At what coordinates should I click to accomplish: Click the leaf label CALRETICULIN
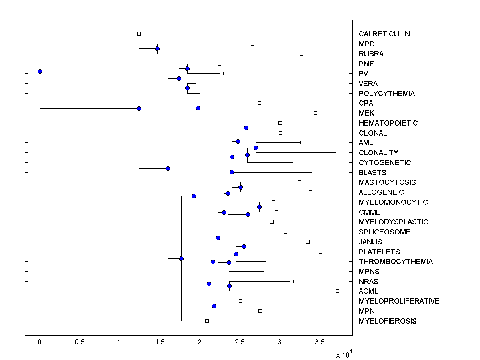point(384,34)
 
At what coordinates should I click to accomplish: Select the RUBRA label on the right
point(371,54)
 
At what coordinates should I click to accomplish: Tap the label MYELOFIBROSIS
point(387,321)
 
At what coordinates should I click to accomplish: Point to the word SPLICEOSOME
point(384,232)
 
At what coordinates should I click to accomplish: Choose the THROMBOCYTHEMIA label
point(396,262)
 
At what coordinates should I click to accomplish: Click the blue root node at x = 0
point(40,71)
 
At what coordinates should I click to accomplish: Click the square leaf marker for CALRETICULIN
point(139,34)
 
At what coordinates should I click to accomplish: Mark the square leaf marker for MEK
point(315,113)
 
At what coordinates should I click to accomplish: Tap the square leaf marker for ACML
point(337,291)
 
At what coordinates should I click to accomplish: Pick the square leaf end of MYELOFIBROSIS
point(207,321)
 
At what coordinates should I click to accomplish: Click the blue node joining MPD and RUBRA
point(157,48)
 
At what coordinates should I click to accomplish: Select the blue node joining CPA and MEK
point(198,108)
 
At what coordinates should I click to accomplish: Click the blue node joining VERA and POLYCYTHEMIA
point(187,88)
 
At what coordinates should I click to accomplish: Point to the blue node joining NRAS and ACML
point(229,286)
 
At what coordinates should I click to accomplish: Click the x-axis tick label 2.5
point(240,342)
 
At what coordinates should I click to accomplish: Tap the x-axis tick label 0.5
point(80,342)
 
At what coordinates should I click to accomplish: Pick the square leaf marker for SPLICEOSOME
point(285,232)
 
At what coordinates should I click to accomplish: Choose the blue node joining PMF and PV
point(187,68)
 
